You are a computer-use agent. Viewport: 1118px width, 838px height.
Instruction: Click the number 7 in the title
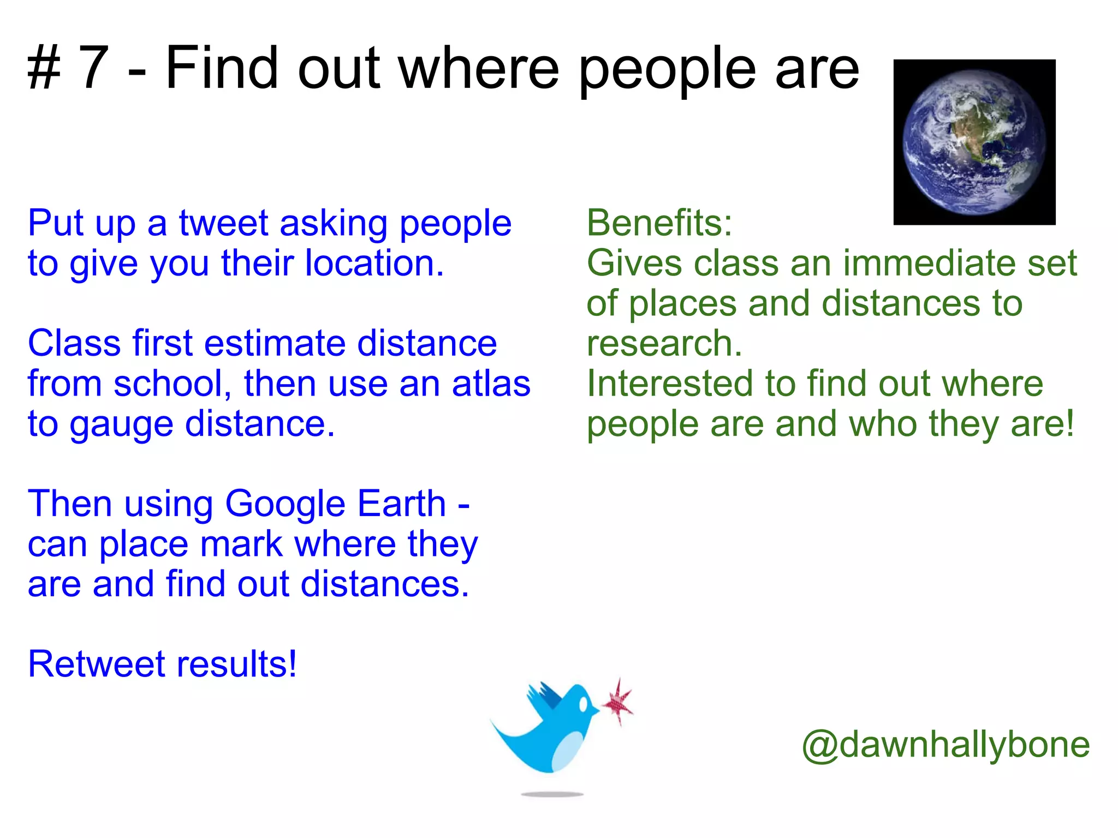tap(94, 68)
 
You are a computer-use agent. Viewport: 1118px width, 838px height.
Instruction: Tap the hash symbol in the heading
tap(44, 68)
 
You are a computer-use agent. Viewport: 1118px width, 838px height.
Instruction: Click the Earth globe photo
tap(974, 142)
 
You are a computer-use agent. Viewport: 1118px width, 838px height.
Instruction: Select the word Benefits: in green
tap(659, 223)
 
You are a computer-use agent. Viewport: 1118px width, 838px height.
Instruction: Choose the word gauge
tap(121, 425)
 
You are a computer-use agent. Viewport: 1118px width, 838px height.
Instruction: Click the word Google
tap(285, 504)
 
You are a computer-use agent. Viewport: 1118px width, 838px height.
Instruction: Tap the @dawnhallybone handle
tap(945, 745)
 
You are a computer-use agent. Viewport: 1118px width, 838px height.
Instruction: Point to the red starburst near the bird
tap(618, 702)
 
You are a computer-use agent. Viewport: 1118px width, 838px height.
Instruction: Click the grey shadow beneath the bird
tap(552, 794)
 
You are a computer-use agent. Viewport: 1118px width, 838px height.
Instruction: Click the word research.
tap(664, 344)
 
